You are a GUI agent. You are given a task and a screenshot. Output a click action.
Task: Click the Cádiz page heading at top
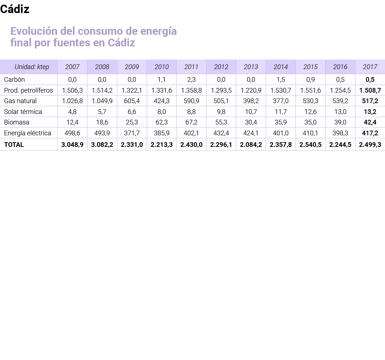[x=15, y=10]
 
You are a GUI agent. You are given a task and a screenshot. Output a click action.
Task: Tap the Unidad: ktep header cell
[x=32, y=67]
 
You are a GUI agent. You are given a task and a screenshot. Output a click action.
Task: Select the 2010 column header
[x=162, y=67]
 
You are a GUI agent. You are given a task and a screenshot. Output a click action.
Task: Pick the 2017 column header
[x=370, y=67]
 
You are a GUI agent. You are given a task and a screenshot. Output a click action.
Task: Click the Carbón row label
[x=14, y=80]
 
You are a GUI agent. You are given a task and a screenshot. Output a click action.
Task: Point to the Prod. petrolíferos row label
[x=29, y=90]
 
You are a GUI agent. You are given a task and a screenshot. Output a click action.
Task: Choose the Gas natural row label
[x=20, y=101]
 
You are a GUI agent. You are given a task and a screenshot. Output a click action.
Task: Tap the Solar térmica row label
[x=23, y=112]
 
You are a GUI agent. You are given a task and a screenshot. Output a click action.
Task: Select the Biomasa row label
[x=17, y=122]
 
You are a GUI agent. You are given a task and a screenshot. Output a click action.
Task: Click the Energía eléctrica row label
[x=28, y=133]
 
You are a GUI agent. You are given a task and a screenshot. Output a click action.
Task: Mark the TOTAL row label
[x=14, y=145]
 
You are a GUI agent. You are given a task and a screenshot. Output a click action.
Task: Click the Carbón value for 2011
[x=191, y=80]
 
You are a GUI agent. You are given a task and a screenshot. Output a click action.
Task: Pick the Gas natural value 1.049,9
[x=102, y=101]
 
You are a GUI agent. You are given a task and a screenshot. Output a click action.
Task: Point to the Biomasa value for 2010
[x=162, y=122]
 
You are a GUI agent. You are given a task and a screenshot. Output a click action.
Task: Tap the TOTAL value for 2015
[x=310, y=145]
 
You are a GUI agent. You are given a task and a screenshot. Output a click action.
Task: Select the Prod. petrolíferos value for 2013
[x=251, y=90]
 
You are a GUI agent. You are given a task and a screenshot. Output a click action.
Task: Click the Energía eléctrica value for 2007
[x=72, y=133]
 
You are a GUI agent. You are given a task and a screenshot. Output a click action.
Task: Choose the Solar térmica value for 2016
[x=340, y=112]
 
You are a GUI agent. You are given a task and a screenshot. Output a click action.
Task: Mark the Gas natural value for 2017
[x=370, y=101]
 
